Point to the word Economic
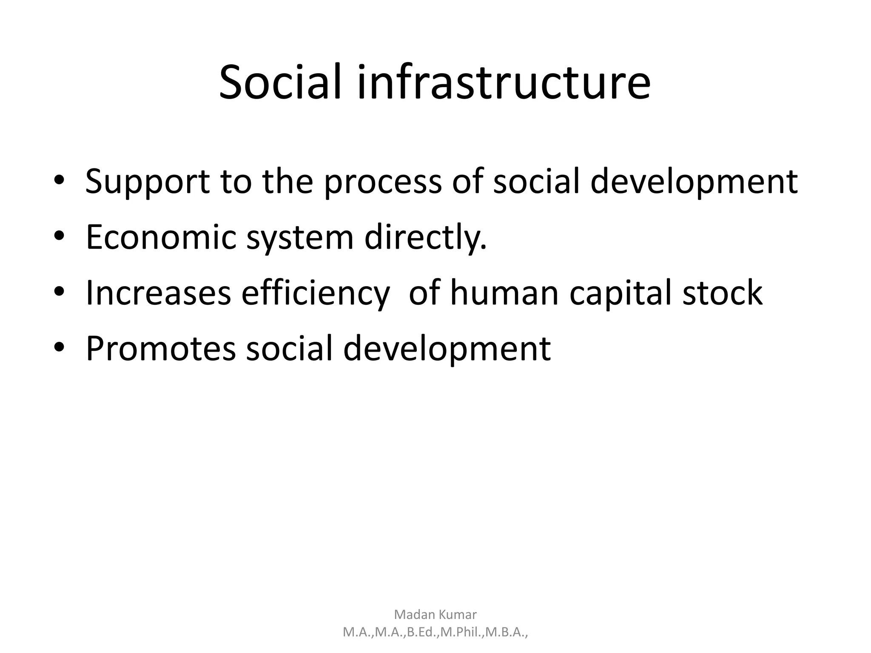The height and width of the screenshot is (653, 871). (161, 237)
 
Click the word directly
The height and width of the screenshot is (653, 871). (425, 237)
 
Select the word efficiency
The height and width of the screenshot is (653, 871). (315, 293)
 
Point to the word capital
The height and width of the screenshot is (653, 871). (621, 293)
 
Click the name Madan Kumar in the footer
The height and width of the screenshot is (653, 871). (435, 614)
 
